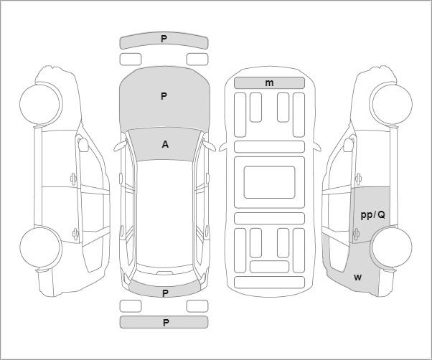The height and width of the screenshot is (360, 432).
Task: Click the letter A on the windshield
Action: (165, 144)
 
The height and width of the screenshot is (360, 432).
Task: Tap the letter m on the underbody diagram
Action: (269, 83)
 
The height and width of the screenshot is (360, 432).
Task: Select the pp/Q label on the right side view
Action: (372, 215)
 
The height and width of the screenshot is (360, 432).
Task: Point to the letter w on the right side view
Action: (357, 278)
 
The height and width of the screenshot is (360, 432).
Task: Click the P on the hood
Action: (164, 96)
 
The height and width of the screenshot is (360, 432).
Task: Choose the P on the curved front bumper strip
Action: (164, 39)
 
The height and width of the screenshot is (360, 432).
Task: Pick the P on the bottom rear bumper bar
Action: (165, 323)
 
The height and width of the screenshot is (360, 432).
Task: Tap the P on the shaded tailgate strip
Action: (165, 293)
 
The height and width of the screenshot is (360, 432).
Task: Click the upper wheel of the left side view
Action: (41, 104)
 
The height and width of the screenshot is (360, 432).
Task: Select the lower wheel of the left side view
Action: (41, 247)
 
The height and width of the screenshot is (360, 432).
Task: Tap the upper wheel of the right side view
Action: (391, 103)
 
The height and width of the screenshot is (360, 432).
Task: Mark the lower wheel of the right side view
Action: (391, 247)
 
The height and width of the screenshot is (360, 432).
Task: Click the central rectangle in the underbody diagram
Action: (269, 182)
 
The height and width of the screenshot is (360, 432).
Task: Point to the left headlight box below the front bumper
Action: (131, 60)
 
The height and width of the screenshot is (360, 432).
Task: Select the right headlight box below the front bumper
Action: (197, 60)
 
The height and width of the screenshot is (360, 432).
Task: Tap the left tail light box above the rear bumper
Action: (131, 306)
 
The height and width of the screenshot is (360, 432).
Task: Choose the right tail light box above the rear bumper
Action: (197, 306)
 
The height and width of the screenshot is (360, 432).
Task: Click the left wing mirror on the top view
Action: (120, 146)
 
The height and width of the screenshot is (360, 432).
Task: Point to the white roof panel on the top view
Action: (164, 213)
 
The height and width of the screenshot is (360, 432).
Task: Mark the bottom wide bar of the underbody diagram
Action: (269, 283)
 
